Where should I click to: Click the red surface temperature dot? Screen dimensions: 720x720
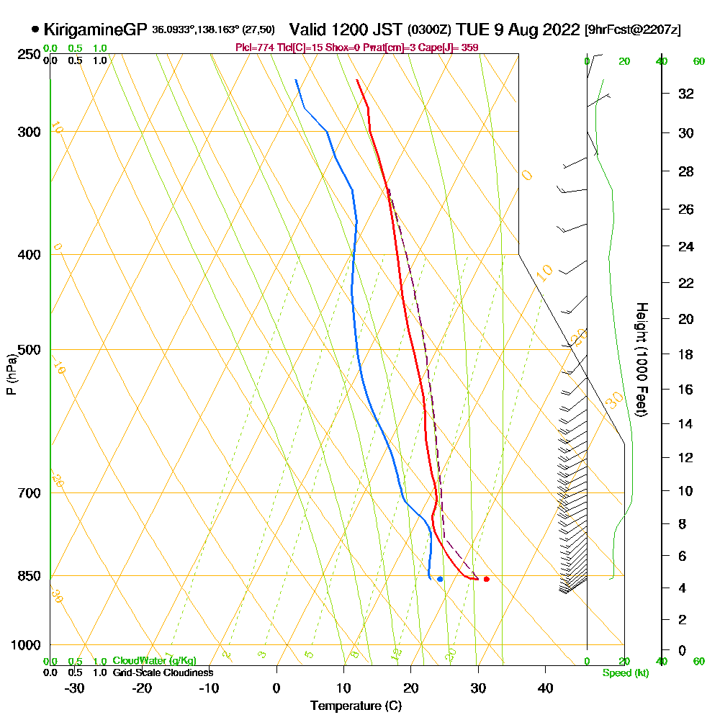tap(487, 579)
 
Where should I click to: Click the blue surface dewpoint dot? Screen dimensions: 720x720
tap(440, 579)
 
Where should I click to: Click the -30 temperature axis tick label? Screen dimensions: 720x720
tap(75, 688)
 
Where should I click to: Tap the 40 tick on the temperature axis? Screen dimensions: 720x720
tap(545, 688)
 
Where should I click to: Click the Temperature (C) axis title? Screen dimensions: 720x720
tap(356, 706)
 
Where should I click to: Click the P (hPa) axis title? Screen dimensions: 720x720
tap(11, 374)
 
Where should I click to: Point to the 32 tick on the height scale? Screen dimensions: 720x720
tap(685, 94)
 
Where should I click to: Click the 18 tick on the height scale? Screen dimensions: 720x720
tap(685, 354)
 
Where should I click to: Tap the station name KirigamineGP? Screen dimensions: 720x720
tap(95, 30)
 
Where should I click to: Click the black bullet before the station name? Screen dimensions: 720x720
tap(35, 30)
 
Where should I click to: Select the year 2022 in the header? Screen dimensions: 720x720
tap(559, 30)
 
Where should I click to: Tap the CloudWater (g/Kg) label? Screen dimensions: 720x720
tap(154, 660)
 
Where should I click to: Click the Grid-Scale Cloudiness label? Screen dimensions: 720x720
tap(163, 672)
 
